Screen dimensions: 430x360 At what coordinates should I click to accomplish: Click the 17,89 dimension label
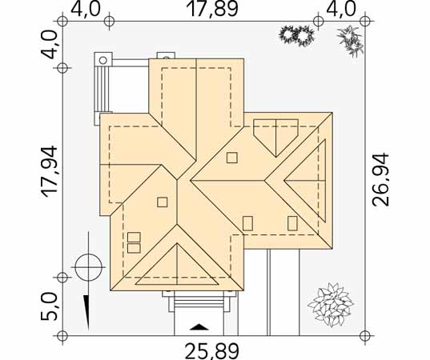[212, 9]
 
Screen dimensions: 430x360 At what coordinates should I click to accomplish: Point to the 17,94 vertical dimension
[49, 172]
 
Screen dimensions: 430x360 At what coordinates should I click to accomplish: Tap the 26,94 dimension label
[380, 179]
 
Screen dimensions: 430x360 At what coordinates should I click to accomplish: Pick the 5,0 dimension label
[49, 306]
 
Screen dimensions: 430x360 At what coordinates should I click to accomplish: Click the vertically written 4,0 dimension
[49, 45]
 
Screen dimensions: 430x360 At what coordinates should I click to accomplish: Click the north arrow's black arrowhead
[86, 312]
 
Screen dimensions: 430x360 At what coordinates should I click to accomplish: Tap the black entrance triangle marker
[199, 327]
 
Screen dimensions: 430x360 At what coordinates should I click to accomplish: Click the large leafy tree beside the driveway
[331, 305]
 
